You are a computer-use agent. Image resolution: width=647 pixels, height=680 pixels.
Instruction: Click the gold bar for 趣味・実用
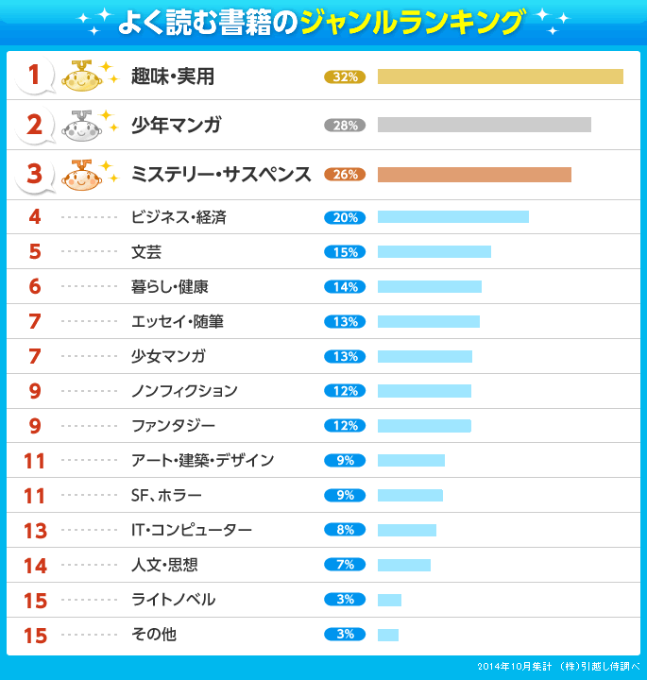(500, 76)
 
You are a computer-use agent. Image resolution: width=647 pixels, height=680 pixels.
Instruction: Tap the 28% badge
(344, 126)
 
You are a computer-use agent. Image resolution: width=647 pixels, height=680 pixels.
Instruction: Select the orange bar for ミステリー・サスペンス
(474, 175)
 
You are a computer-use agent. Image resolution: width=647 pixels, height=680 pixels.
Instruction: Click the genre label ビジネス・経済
(179, 217)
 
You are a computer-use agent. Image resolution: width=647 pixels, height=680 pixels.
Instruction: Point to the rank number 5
(35, 252)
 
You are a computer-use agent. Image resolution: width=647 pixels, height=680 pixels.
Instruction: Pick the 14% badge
(344, 287)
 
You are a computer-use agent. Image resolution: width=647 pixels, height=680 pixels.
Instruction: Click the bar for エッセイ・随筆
(428, 322)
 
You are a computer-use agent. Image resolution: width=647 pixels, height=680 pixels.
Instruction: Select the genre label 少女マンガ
(168, 356)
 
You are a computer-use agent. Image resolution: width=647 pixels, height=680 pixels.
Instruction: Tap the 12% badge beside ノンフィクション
(344, 391)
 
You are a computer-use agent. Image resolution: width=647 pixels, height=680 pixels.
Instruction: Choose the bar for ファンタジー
(424, 426)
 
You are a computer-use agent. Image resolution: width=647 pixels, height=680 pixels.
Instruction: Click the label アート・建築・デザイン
(202, 460)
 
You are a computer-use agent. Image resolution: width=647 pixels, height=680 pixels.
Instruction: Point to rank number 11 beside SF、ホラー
(35, 496)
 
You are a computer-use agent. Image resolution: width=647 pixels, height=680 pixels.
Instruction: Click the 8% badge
(344, 530)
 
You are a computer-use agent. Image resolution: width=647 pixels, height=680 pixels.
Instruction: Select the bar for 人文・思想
(403, 565)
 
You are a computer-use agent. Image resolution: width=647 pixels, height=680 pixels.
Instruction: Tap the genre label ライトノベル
(173, 600)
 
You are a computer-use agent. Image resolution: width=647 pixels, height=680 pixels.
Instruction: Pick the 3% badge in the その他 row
(344, 635)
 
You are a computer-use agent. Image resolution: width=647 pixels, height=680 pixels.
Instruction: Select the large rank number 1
(35, 76)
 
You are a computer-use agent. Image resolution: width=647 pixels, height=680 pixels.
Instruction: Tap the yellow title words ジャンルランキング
(411, 22)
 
